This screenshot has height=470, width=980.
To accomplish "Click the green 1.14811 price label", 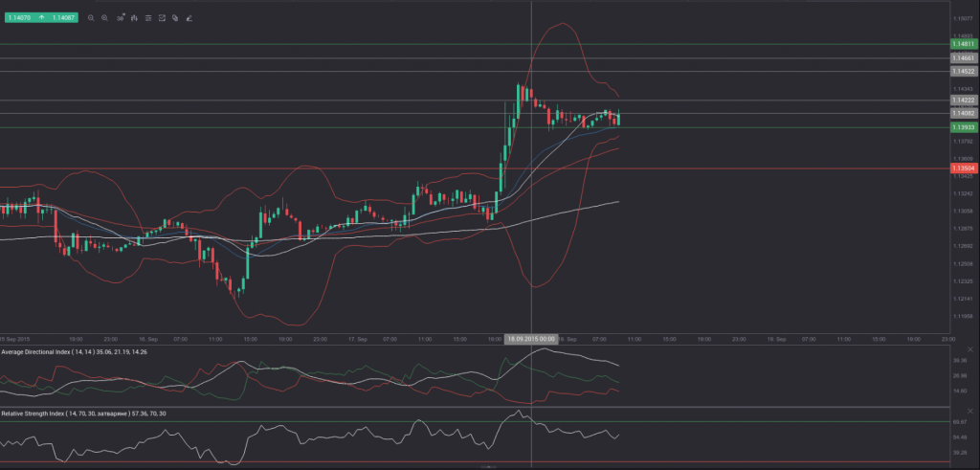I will point(963,44).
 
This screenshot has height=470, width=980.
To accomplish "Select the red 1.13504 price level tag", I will point(963,168).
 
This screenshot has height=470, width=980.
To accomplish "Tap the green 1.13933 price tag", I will point(963,127).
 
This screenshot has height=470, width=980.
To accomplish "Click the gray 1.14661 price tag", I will point(963,58).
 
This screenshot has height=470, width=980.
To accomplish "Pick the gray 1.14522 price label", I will point(963,71).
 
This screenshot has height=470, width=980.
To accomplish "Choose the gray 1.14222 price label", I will point(963,101).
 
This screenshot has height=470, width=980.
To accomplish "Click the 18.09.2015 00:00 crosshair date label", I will point(531,339).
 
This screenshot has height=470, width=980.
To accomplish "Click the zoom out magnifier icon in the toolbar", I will point(91,17).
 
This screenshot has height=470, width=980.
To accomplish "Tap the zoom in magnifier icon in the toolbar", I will point(104,17).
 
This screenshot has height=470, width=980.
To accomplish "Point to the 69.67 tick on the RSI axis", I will point(960,421).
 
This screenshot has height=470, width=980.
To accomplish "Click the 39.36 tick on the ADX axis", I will point(960,361).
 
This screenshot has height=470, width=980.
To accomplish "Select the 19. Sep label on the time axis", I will point(775,339).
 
